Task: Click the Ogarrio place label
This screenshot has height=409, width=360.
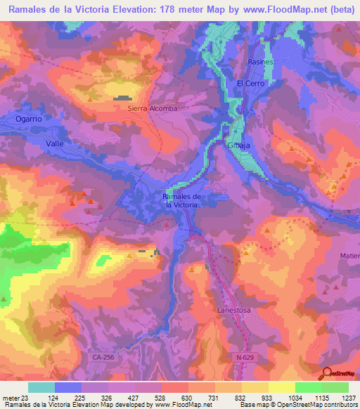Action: coord(30,119)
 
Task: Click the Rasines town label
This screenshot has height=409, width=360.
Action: coord(260,63)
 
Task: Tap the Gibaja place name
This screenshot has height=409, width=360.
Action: coord(239,144)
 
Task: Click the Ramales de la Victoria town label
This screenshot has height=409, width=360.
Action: coord(183,200)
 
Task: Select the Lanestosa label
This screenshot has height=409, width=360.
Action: coord(233,309)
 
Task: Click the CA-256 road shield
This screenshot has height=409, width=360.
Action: coord(103,357)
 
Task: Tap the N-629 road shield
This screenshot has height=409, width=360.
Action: coord(244,357)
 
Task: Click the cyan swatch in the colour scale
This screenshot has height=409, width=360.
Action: coord(41,387)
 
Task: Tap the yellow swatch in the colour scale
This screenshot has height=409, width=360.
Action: coord(281,387)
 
